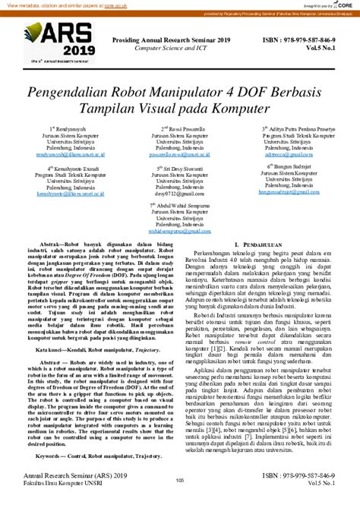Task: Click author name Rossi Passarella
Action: pos(180,130)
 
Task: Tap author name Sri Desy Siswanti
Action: pos(180,169)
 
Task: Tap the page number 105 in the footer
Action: pos(180,501)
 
